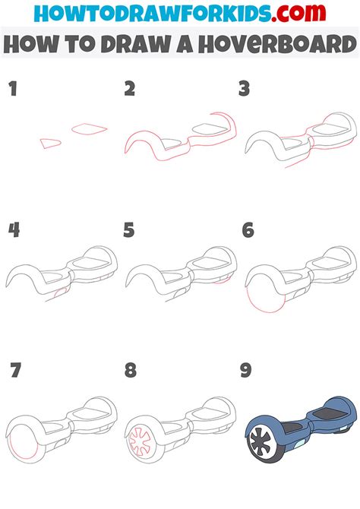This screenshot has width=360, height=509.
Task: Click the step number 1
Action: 12,90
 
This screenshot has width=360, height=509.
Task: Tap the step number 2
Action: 130,89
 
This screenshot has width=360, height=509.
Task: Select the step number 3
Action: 245,90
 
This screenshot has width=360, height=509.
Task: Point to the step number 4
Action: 13,229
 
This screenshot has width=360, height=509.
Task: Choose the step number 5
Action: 129,229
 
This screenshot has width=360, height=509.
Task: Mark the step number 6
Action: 248,229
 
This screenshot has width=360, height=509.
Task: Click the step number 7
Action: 15,371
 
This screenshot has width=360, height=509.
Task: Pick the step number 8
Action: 130,371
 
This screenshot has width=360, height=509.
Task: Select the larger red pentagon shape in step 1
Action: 87,129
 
